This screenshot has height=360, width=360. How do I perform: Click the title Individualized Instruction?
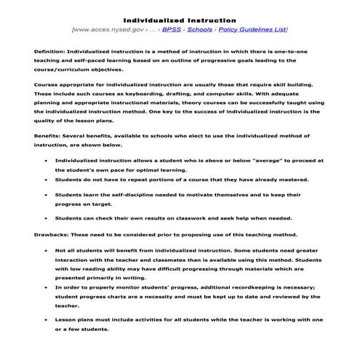(179, 20)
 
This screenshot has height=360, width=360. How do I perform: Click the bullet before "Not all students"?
(46, 250)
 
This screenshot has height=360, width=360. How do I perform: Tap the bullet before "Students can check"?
(46, 218)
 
